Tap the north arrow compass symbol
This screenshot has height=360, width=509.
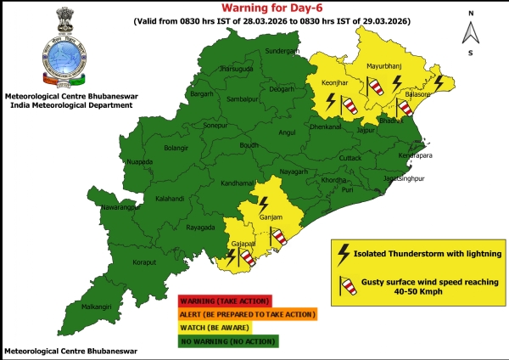tap(467, 31)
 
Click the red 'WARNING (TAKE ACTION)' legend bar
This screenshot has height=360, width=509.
tap(224, 301)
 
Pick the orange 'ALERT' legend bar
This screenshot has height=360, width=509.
tap(247, 314)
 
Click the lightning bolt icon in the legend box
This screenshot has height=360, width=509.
tap(344, 253)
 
